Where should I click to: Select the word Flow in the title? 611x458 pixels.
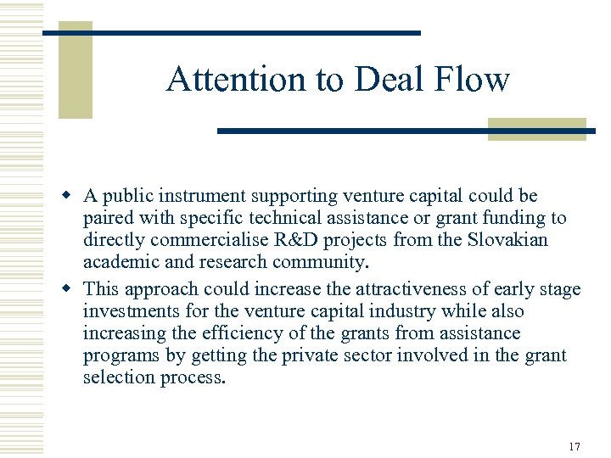[471, 79]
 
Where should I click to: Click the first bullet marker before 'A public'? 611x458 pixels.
[73, 196]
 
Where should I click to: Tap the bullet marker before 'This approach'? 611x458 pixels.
[73, 288]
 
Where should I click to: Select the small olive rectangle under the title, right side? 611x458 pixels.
[537, 129]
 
